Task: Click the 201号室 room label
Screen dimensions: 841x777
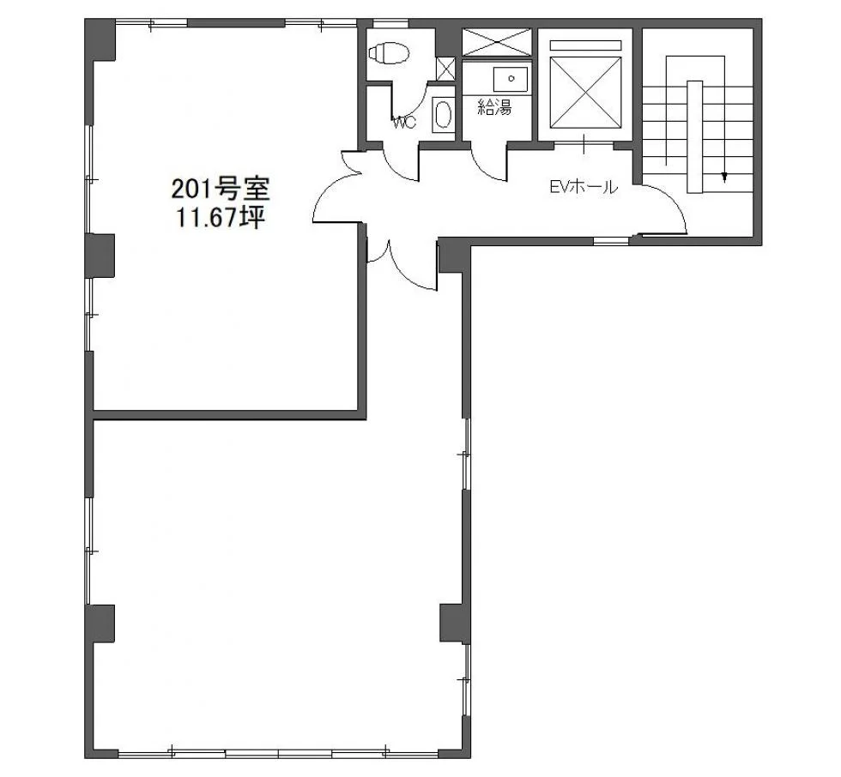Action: point(221,190)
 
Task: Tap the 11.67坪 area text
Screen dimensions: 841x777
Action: point(221,218)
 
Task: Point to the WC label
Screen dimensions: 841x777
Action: point(404,123)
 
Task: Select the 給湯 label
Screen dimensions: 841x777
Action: point(495,108)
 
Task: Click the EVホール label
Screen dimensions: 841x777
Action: point(584,187)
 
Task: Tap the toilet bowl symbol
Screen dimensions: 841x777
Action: point(389,53)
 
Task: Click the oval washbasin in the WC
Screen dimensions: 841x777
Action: point(444,115)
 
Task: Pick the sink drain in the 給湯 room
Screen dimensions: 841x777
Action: point(511,79)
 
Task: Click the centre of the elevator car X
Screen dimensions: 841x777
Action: point(585,92)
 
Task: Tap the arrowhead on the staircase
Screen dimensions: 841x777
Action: point(724,177)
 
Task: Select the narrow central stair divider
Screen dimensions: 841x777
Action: point(694,136)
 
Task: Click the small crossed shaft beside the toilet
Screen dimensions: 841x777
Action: point(445,69)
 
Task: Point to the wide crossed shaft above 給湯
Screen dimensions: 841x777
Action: point(496,42)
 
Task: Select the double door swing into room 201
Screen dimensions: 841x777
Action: point(336,188)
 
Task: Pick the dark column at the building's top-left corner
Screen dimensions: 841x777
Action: point(100,40)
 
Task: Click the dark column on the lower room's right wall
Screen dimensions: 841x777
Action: point(456,623)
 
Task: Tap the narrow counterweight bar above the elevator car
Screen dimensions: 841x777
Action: point(585,45)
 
